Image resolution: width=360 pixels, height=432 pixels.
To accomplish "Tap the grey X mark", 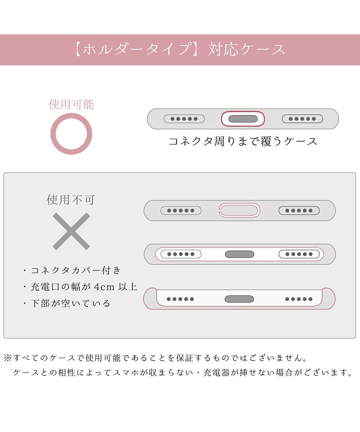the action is (71, 231).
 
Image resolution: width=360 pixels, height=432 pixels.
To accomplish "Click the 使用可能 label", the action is (72, 104).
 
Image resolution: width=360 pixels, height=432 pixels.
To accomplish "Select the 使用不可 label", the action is (71, 200).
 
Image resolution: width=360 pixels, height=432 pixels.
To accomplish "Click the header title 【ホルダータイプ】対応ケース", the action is (180, 49).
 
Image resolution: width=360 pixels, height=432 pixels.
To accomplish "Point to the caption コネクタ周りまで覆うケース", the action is (243, 141).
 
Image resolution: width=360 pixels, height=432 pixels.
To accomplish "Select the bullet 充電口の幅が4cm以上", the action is (84, 287).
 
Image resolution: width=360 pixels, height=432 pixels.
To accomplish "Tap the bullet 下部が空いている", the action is (70, 303).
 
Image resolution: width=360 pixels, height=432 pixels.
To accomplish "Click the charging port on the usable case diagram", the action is (243, 119).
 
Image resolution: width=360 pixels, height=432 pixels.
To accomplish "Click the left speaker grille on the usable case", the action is (184, 119).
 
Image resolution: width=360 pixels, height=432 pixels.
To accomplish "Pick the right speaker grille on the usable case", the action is (302, 119).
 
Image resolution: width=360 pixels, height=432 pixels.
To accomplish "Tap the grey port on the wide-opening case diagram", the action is (239, 254).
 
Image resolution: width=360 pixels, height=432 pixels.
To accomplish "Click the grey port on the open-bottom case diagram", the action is (239, 299).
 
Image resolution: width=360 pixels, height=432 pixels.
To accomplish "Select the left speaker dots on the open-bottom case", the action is (180, 299).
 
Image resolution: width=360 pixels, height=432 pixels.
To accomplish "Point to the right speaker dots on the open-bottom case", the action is (299, 299).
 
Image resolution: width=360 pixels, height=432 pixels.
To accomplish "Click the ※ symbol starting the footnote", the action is (8, 358).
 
